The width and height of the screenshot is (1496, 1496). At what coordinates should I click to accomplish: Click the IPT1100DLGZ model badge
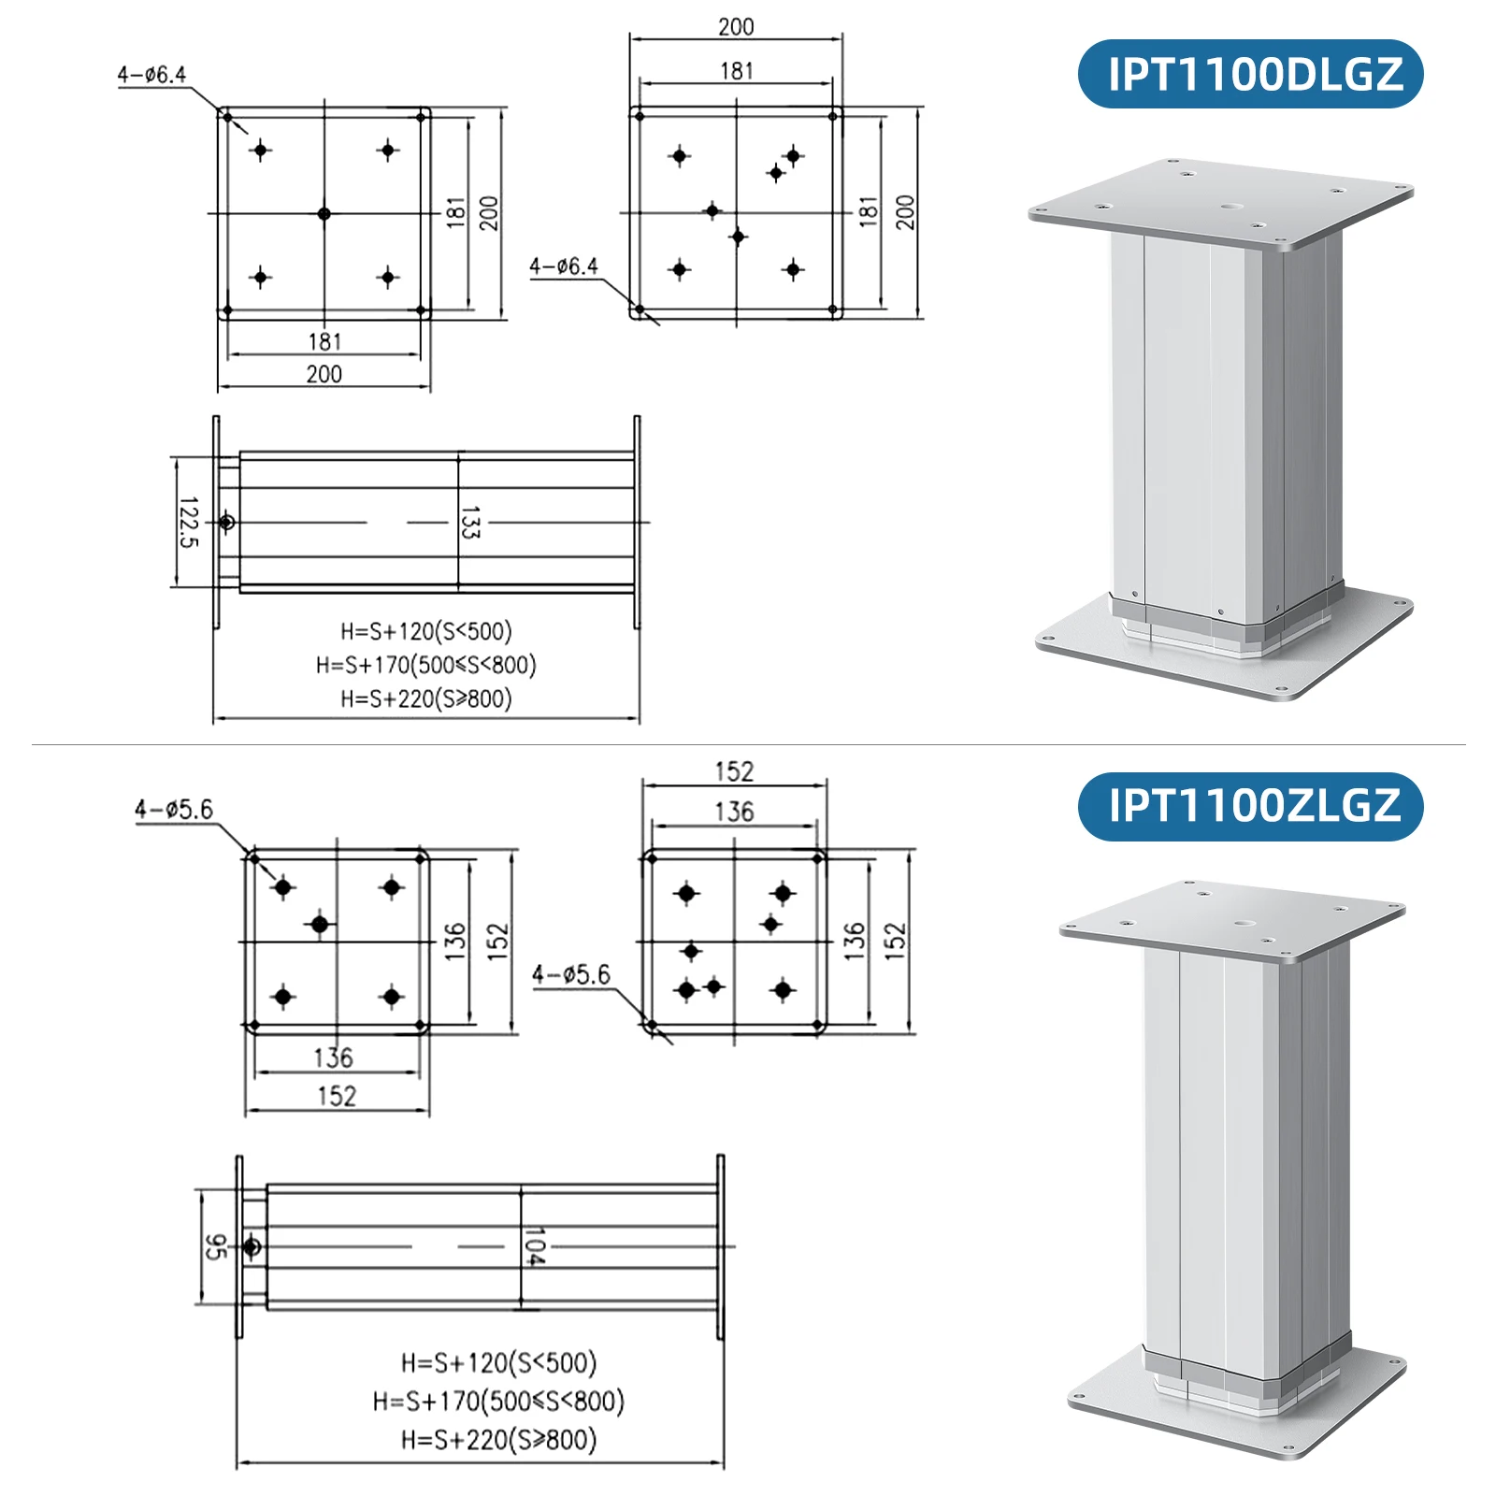(1250, 74)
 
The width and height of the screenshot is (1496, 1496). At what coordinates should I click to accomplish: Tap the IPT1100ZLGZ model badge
(1250, 806)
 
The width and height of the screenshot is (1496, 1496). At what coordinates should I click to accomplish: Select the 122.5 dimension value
(188, 522)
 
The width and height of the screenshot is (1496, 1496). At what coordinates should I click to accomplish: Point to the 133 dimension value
(469, 523)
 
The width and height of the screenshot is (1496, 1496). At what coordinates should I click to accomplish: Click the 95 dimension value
(215, 1246)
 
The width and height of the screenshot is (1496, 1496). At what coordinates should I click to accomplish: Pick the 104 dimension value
(534, 1247)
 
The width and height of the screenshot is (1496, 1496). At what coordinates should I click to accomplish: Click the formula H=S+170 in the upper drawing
(425, 665)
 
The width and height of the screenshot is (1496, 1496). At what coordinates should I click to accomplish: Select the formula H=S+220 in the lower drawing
(498, 1439)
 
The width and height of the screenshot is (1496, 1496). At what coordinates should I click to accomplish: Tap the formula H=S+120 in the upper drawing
(425, 631)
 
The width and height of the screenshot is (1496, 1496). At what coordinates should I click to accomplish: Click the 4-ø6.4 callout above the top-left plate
(151, 74)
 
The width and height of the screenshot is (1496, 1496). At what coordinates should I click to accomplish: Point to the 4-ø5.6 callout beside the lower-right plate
(570, 974)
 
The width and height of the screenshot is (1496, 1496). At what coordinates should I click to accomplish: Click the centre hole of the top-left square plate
(324, 214)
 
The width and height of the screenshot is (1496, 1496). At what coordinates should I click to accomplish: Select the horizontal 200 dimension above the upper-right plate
(736, 27)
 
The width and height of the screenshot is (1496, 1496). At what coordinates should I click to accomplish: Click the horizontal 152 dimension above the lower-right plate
(734, 771)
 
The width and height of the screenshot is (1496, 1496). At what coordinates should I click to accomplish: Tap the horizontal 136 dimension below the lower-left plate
(333, 1057)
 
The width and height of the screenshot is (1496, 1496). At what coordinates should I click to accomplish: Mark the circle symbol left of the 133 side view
(226, 522)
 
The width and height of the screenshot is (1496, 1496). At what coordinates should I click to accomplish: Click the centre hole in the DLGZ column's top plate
(1231, 207)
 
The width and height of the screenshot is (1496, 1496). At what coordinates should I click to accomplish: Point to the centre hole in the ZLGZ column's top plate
(1244, 924)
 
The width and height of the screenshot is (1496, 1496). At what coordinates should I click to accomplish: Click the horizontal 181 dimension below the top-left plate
(324, 341)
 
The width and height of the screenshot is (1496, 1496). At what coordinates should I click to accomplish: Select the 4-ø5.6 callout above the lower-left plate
(173, 809)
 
